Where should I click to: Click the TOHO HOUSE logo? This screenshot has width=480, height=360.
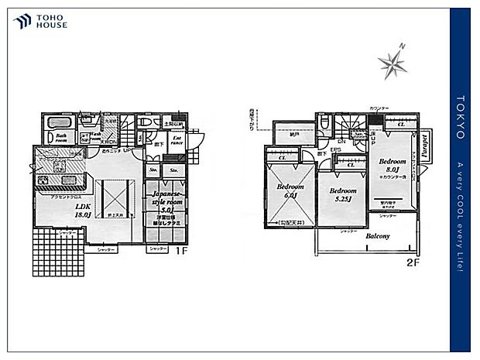(x=39, y=22)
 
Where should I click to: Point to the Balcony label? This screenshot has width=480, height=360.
(x=378, y=236)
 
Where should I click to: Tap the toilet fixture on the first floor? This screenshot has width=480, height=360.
(x=145, y=123)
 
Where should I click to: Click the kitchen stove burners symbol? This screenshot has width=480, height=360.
(x=42, y=182)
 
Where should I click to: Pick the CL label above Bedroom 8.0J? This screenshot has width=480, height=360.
(x=399, y=124)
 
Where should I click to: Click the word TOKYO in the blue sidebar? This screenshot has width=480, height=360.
(x=461, y=117)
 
